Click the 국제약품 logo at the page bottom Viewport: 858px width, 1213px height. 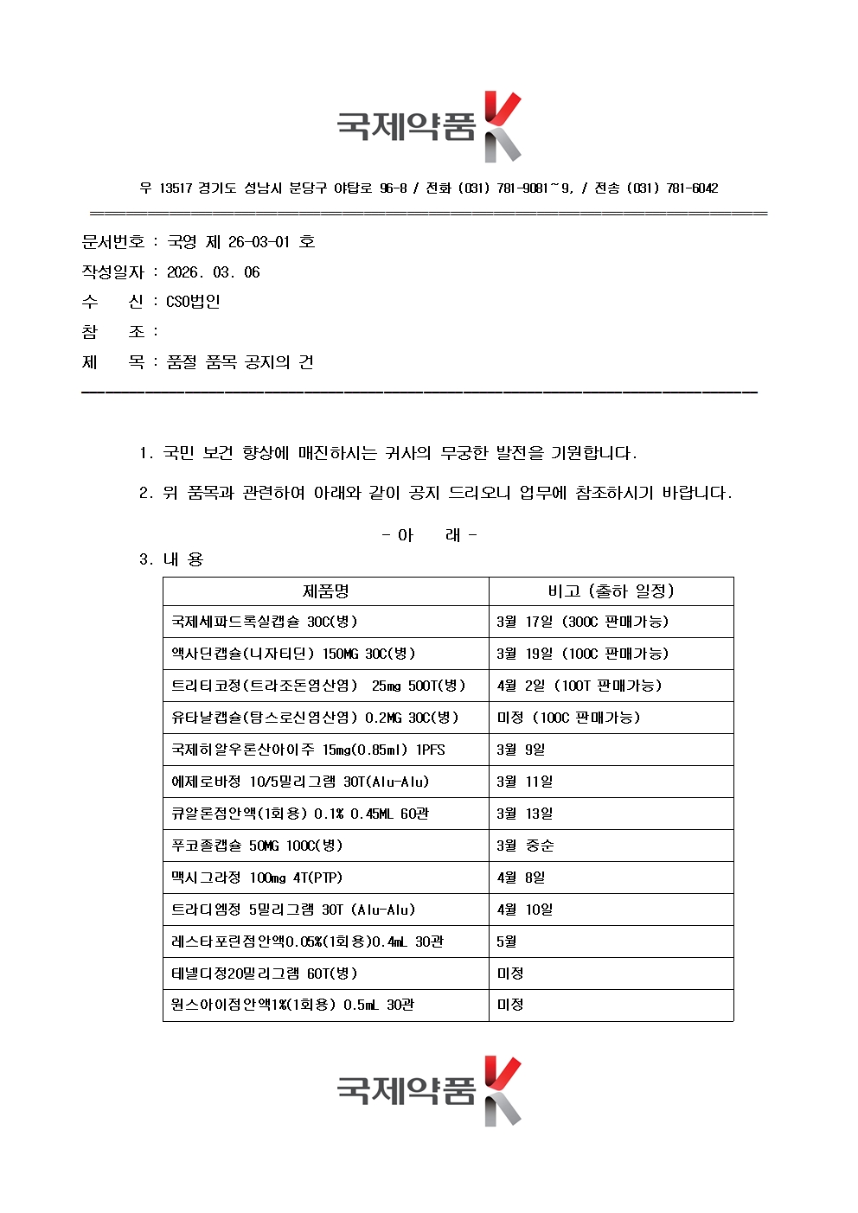pyautogui.click(x=429, y=1091)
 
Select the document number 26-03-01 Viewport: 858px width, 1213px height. pyautogui.click(x=259, y=242)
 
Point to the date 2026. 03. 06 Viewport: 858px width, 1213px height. pyautogui.click(x=214, y=272)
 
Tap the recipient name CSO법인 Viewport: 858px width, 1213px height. pyautogui.click(x=193, y=302)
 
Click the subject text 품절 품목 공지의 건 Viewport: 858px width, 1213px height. pyautogui.click(x=240, y=362)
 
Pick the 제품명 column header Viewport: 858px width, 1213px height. pyautogui.click(x=325, y=591)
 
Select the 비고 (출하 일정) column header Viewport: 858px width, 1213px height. pyautogui.click(x=611, y=591)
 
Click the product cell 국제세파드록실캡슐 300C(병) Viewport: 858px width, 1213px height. pyautogui.click(x=264, y=622)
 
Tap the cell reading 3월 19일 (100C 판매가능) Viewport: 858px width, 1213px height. pyautogui.click(x=582, y=654)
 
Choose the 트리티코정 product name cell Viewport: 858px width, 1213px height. pyautogui.click(x=318, y=686)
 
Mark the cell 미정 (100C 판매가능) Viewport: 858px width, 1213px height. pyautogui.click(x=568, y=718)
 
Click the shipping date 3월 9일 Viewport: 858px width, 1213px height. pyautogui.click(x=521, y=750)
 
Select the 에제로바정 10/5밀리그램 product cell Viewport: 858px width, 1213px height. pyautogui.click(x=300, y=782)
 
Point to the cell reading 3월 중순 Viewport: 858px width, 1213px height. pyautogui.click(x=525, y=846)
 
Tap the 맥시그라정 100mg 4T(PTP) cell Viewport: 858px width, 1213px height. pyautogui.click(x=257, y=878)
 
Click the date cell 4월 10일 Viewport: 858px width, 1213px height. pyautogui.click(x=524, y=910)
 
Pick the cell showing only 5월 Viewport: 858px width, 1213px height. pyautogui.click(x=507, y=942)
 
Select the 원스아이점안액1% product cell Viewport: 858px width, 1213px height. pyautogui.click(x=292, y=1005)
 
